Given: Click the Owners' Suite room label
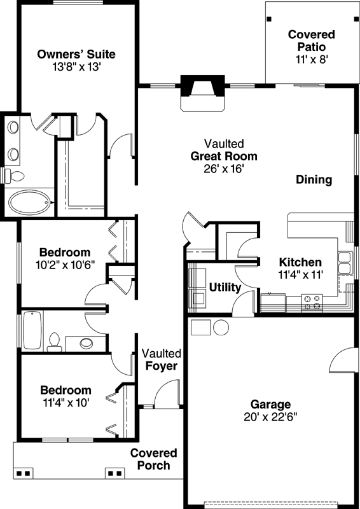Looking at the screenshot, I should (x=76, y=53).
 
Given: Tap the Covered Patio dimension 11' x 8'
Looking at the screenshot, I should (x=311, y=59).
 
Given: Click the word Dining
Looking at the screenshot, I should (x=314, y=179).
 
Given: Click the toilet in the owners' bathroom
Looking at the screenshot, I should (x=14, y=176).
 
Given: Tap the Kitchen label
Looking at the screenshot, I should (x=300, y=262).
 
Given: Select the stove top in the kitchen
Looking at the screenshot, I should (x=311, y=302).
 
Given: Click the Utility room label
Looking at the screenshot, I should (x=225, y=288).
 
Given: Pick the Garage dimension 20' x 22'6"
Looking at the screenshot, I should (x=270, y=417).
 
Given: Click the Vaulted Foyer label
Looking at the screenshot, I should (x=161, y=359).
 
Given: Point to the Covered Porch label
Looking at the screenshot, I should (x=153, y=459).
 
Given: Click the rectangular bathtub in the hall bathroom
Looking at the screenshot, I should (x=32, y=331).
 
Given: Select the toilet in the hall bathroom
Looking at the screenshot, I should (x=54, y=342).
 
